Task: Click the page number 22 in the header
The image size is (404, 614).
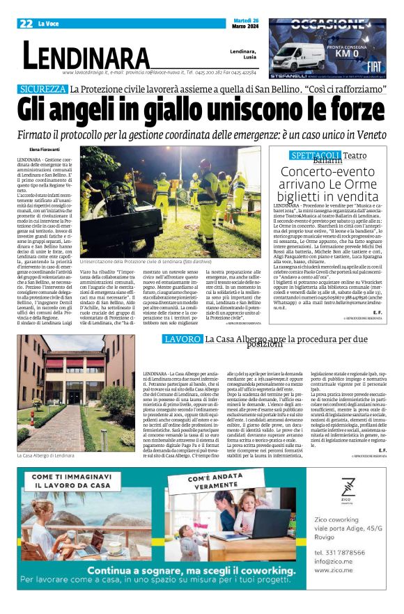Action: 26,24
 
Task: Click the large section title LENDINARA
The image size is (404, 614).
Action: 86,55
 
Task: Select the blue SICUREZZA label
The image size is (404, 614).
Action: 43,89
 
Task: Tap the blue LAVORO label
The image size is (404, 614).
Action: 183,339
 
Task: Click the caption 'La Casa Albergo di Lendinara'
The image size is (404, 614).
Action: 46,455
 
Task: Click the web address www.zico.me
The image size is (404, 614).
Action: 334,569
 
